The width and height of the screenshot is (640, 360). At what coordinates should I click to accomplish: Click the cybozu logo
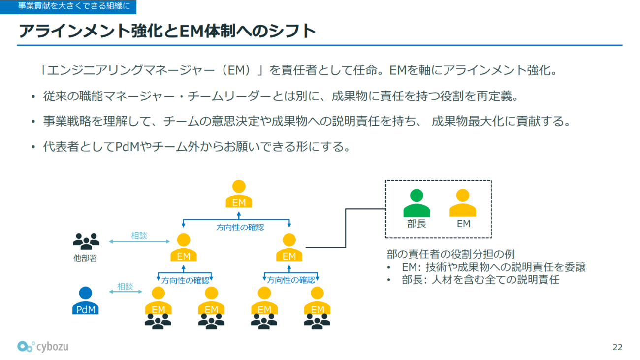pos(43,347)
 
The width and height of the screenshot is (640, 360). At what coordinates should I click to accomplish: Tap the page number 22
pos(617,347)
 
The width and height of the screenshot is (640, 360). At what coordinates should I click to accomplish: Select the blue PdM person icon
pos(86,300)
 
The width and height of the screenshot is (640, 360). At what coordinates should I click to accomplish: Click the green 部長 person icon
pos(416,203)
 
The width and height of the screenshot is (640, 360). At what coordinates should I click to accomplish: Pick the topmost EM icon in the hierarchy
pos(239,194)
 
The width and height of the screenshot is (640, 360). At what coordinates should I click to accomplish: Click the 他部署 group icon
pos(86,240)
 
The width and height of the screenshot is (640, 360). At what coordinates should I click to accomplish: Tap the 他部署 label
pos(86,258)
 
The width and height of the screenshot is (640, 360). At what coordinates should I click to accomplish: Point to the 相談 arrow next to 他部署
pos(139,241)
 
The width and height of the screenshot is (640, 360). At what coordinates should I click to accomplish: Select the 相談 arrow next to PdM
pos(125,292)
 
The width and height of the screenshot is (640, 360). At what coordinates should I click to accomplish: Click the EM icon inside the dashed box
pos(463,203)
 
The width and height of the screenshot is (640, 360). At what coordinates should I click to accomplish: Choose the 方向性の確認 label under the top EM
pos(240,227)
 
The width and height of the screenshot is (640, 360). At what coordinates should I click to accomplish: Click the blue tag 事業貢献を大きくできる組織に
pos(68,7)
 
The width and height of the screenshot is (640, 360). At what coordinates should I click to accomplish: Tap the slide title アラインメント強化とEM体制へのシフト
pos(167,31)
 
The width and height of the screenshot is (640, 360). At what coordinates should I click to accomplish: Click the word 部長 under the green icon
pos(416,224)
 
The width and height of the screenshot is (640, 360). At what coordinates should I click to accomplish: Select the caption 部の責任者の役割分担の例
pos(450,254)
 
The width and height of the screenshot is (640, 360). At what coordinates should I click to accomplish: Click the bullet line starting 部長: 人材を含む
pos(480,280)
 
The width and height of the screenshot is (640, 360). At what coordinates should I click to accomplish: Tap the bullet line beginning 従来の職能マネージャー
pos(281,96)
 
